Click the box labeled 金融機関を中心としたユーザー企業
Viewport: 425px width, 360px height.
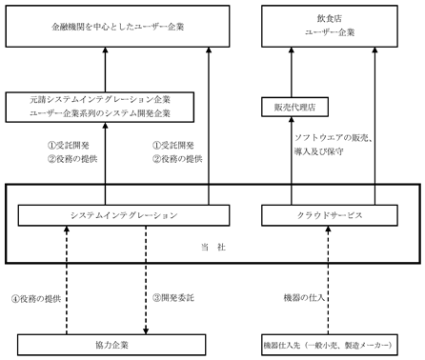(117, 26)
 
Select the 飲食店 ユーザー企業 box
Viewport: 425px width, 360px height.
(330, 26)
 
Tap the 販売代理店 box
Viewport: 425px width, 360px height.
(294, 107)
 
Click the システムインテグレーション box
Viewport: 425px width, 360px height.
(124, 215)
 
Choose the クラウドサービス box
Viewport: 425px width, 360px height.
(330, 215)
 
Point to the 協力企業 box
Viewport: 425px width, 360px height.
(111, 345)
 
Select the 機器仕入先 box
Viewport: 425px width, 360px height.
(330, 345)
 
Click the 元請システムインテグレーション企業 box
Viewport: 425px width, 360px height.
(100, 107)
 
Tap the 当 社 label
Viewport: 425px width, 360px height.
(213, 247)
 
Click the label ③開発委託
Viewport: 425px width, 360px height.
(173, 298)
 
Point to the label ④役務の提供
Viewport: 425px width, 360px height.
(36, 299)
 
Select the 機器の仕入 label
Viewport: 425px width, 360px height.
(304, 298)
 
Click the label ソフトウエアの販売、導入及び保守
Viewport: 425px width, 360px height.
(334, 145)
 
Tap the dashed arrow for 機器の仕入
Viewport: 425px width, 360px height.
(328, 280)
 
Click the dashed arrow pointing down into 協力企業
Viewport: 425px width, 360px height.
(146, 280)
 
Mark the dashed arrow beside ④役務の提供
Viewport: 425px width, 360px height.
(67, 280)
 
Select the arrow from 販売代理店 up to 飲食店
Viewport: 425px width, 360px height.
(292, 72)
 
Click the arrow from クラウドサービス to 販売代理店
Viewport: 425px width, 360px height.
(292, 161)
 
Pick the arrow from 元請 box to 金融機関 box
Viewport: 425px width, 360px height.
(106, 70)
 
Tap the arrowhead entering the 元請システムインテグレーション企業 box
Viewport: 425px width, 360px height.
(106, 125)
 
